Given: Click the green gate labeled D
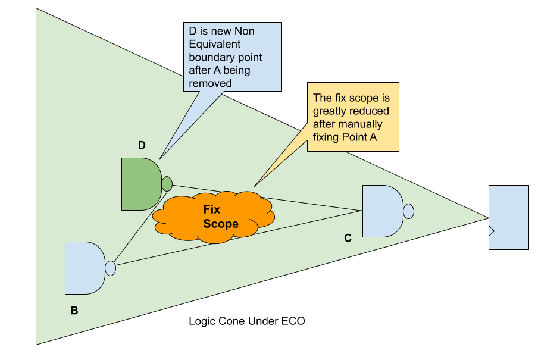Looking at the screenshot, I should coord(140,184).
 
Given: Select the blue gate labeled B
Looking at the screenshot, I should coord(84,268).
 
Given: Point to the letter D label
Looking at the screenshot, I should coord(142,145).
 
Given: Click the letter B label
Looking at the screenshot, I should coord(74,310).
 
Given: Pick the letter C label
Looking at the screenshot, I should coord(348,238).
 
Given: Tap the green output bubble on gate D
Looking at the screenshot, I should coord(167,184).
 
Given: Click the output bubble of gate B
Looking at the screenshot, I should coord(110,268).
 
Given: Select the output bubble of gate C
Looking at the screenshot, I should coord(408,211).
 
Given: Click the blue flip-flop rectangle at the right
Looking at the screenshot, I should coord(508,217).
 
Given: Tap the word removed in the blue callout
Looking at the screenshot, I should coord(210,83).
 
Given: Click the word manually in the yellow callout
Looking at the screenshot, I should coord(363,124).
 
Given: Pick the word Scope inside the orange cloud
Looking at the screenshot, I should coord(221,224).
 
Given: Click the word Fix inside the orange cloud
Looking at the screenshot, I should coord(212,210).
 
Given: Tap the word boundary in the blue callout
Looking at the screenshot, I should coord(209,57).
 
